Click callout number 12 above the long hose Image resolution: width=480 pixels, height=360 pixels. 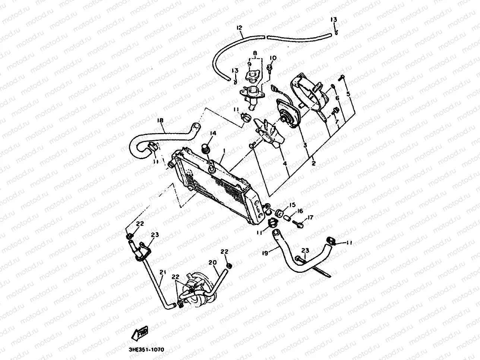click(239, 28)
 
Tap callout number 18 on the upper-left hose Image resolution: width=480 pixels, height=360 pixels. click(160, 120)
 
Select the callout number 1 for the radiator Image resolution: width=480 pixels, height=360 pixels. click(224, 151)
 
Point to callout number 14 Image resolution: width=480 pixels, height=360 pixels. click(212, 133)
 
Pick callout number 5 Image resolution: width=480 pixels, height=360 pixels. click(348, 94)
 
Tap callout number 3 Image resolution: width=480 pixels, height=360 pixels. click(305, 145)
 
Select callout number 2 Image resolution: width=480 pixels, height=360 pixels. click(313, 163)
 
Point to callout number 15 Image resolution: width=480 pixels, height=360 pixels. click(292, 205)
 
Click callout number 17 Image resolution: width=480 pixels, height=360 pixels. click(310, 218)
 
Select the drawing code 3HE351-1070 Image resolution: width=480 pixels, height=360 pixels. click(146, 350)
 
